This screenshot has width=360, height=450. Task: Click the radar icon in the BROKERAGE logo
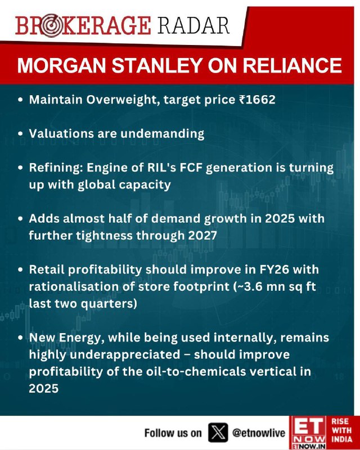[51, 26]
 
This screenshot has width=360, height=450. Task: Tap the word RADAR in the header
[193, 25]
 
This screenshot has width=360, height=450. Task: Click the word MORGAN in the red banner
[62, 66]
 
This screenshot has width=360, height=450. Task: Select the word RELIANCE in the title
[292, 66]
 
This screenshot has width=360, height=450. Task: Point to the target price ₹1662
[257, 100]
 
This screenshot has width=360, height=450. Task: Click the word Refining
[56, 168]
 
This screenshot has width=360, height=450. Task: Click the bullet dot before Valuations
[20, 134]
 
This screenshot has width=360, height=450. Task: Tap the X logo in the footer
[218, 433]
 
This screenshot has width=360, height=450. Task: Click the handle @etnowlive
[259, 433]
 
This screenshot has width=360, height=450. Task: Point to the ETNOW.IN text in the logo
[308, 446]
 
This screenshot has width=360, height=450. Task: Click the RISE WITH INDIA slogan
[341, 430]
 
